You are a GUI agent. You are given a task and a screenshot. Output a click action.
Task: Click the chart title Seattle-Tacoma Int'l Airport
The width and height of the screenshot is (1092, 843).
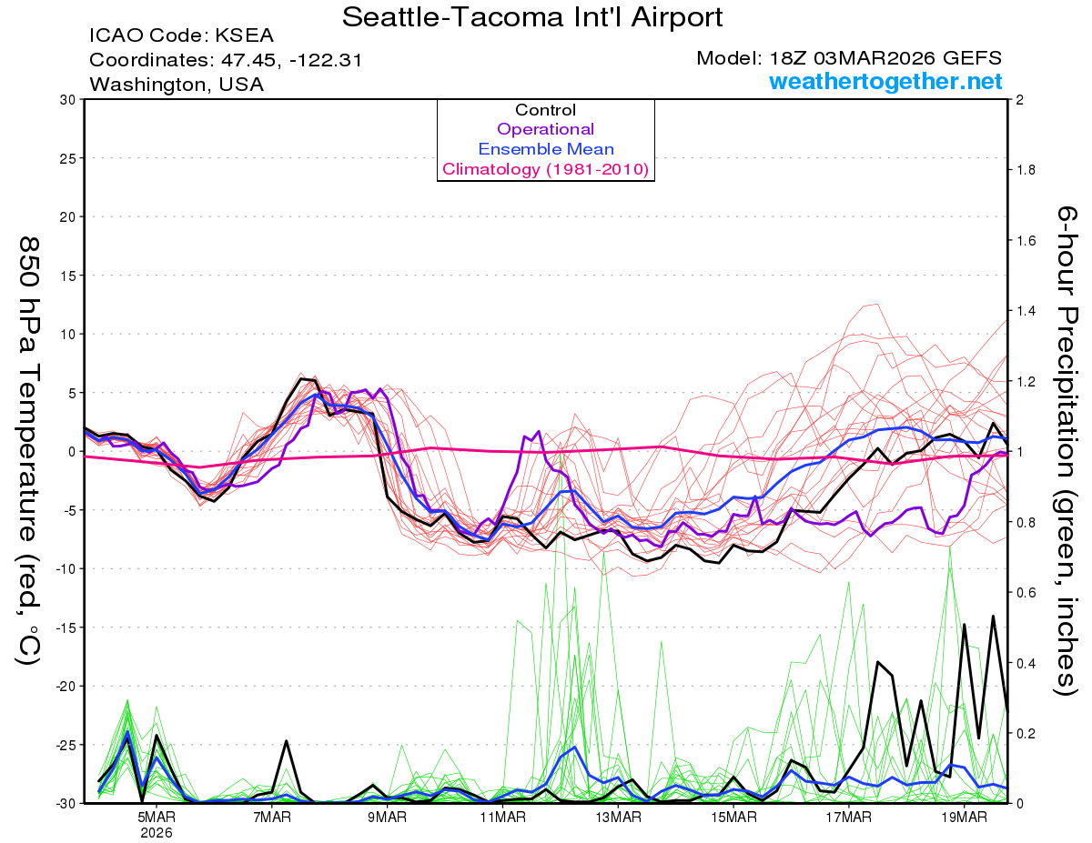pos(532,16)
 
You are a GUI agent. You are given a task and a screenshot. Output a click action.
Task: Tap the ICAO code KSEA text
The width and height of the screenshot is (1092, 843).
pos(181,37)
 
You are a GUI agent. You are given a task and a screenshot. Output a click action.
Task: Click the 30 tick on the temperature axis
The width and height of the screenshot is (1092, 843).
pos(66,100)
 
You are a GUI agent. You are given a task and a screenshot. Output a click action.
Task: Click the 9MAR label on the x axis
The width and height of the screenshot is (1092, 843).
pos(388,817)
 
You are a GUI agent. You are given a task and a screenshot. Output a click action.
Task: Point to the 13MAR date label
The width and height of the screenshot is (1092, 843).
pos(618,817)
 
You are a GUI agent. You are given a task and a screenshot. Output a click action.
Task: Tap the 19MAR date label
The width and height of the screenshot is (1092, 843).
pos(964,817)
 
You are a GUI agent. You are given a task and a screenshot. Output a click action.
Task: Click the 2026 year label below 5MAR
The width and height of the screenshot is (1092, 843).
pos(157,832)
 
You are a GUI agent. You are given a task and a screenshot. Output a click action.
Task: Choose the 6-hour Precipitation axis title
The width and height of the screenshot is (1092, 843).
pos(1066,450)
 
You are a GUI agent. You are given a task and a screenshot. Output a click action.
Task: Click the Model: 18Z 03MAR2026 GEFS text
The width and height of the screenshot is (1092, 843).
pos(849,58)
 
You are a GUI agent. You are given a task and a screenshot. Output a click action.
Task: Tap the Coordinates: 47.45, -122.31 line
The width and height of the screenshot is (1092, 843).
pos(226,61)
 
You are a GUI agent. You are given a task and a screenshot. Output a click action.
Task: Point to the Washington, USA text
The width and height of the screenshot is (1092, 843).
pos(177,85)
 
